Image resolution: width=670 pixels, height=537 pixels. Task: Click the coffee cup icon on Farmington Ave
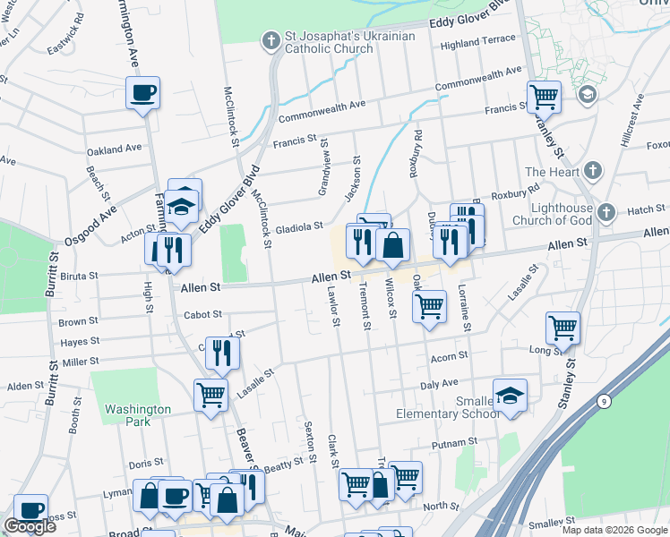click(142, 92)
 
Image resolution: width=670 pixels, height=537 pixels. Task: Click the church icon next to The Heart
click(591, 170)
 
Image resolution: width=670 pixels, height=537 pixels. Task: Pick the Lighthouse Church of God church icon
click(606, 212)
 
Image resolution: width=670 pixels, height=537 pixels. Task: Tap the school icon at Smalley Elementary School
click(510, 395)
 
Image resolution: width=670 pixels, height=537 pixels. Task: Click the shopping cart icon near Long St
click(563, 328)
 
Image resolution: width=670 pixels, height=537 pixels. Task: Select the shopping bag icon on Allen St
click(393, 244)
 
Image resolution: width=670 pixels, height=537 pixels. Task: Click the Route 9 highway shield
click(605, 402)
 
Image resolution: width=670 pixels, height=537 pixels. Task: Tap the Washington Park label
click(138, 415)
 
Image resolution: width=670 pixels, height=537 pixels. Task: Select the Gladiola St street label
click(298, 227)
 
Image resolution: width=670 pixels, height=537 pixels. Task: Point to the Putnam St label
click(454, 443)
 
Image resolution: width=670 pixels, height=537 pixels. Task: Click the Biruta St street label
click(79, 277)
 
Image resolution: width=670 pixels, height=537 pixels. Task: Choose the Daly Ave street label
click(439, 383)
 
